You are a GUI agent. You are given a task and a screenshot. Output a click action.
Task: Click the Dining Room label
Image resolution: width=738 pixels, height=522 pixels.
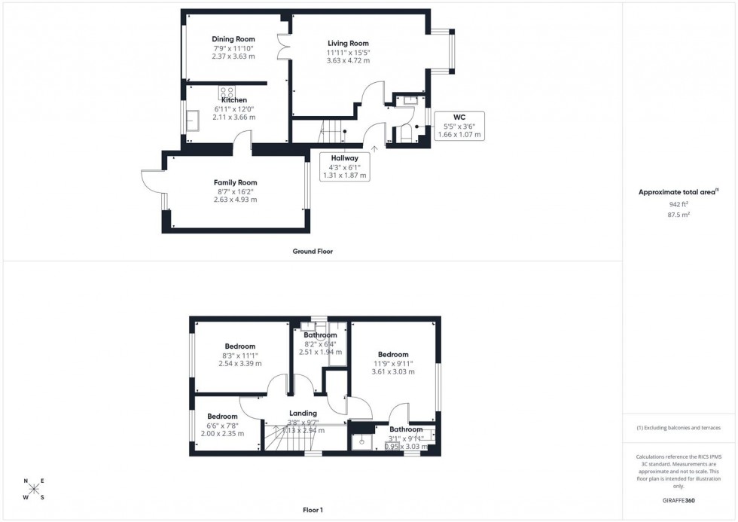tap(233, 39)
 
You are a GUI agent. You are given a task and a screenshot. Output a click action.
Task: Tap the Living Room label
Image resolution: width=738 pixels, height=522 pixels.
tap(348, 43)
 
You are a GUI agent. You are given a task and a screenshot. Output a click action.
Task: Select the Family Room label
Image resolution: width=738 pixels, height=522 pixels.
tap(235, 182)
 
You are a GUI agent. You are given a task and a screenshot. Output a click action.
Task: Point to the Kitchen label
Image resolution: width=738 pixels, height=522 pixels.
tap(233, 100)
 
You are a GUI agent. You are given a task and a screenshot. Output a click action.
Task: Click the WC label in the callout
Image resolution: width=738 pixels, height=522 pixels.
tap(459, 118)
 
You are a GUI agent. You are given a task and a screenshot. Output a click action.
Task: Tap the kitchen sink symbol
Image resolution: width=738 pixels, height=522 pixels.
tap(191, 121)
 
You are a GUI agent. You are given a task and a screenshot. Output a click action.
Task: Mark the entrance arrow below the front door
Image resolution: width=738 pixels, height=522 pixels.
tap(374, 149)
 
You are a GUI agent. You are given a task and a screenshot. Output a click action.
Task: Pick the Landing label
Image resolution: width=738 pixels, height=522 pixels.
tap(303, 414)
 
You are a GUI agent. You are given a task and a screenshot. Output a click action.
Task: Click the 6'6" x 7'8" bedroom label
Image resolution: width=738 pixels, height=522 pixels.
tap(222, 417)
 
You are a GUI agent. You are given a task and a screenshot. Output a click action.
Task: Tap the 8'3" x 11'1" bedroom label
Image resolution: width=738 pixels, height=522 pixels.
tap(239, 346)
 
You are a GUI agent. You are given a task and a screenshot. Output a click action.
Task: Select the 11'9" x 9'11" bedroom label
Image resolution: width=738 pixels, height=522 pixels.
tap(393, 355)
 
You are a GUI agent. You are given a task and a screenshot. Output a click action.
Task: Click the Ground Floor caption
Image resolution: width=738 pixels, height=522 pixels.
tap(313, 252)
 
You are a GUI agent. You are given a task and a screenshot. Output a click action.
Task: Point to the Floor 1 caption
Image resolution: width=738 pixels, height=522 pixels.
tap(313, 510)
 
